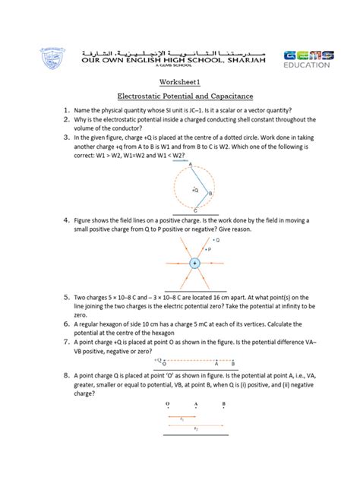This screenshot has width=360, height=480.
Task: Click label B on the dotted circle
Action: [x=210, y=194]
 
